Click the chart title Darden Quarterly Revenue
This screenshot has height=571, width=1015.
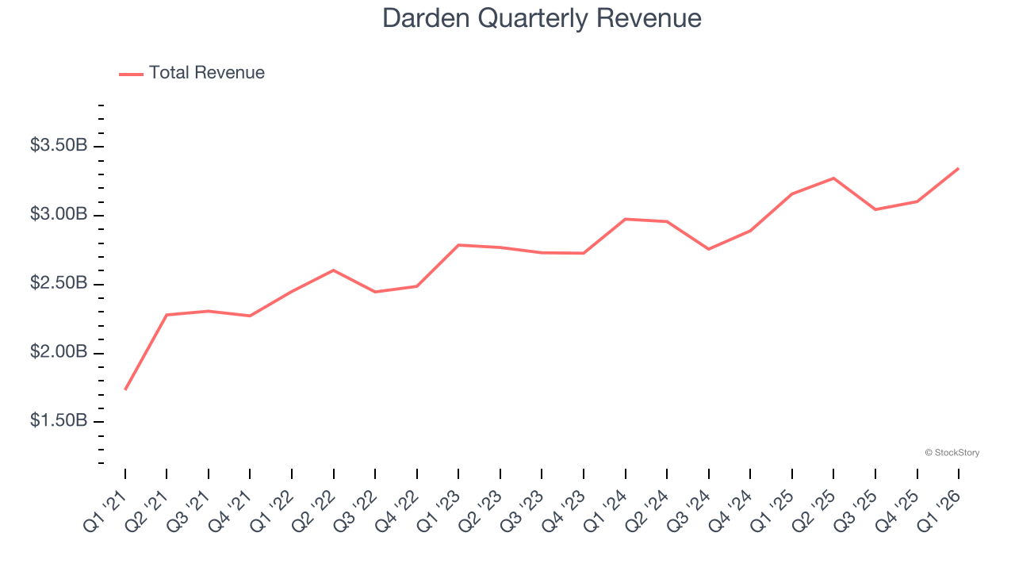[542, 18]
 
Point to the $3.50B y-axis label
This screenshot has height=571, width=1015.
[59, 146]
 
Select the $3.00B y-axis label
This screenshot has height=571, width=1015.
[59, 215]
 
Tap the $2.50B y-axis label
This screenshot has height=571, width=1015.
[59, 284]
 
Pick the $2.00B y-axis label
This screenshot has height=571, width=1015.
[59, 352]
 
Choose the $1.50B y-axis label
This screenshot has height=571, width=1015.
[59, 421]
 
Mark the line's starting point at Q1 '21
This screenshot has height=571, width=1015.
[125, 389]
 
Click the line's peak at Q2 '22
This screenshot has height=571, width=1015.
[334, 270]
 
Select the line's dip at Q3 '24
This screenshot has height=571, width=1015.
[708, 249]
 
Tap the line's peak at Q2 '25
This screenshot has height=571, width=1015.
[833, 178]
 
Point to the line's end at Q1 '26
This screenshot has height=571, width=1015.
[959, 168]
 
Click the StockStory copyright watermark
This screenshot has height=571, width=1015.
[952, 453]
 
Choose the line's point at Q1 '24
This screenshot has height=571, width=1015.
[625, 219]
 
